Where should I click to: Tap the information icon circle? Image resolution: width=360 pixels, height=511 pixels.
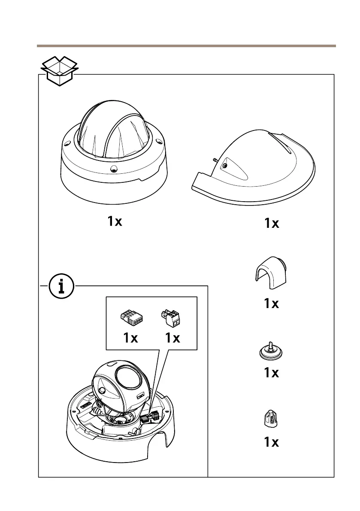(x=61, y=286)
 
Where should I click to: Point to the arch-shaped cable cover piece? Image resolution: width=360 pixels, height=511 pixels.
(x=269, y=274)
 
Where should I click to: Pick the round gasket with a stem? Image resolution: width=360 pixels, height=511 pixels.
(x=271, y=351)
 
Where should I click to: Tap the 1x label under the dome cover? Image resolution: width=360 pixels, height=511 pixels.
(x=115, y=221)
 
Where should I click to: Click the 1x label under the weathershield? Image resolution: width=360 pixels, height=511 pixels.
(x=271, y=224)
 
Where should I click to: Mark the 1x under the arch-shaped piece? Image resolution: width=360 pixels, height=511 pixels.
(x=271, y=304)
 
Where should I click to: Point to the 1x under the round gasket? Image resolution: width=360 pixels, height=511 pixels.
(x=271, y=373)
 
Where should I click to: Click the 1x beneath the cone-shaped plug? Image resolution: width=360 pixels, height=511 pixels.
(x=271, y=442)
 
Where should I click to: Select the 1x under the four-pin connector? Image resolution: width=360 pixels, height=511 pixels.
(x=130, y=338)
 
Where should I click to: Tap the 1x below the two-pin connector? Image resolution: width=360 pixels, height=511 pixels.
(x=172, y=338)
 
